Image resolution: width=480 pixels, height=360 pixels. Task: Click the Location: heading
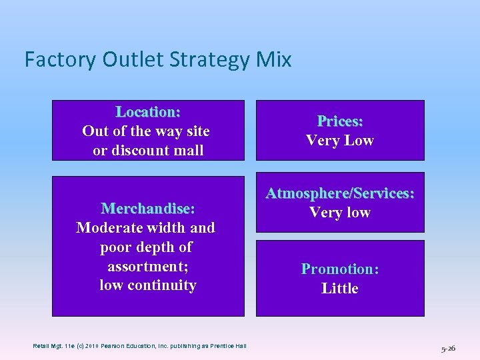pyautogui.click(x=148, y=111)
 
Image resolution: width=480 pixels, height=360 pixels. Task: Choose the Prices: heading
pyautogui.click(x=340, y=121)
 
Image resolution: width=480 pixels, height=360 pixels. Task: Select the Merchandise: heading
pyautogui.click(x=148, y=209)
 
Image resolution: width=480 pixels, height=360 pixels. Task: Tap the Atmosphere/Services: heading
pyautogui.click(x=340, y=193)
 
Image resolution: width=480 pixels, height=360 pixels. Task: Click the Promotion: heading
pyautogui.click(x=340, y=269)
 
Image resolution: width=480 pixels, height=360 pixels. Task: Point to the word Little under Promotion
pyautogui.click(x=340, y=289)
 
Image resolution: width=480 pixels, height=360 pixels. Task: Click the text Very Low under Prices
pyautogui.click(x=340, y=141)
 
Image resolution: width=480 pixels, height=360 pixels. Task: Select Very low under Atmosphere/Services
pyautogui.click(x=340, y=213)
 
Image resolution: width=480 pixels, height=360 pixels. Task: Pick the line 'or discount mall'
pyautogui.click(x=148, y=151)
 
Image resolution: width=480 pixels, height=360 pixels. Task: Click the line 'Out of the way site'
pyautogui.click(x=146, y=131)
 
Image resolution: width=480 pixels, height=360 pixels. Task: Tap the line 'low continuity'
pyautogui.click(x=148, y=285)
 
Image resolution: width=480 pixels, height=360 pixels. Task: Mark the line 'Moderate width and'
pyautogui.click(x=146, y=228)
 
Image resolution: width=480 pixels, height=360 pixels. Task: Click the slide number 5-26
pyautogui.click(x=448, y=348)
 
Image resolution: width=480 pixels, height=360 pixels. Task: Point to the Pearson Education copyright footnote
pyautogui.click(x=140, y=345)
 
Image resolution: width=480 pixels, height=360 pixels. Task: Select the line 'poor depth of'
pyautogui.click(x=146, y=247)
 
